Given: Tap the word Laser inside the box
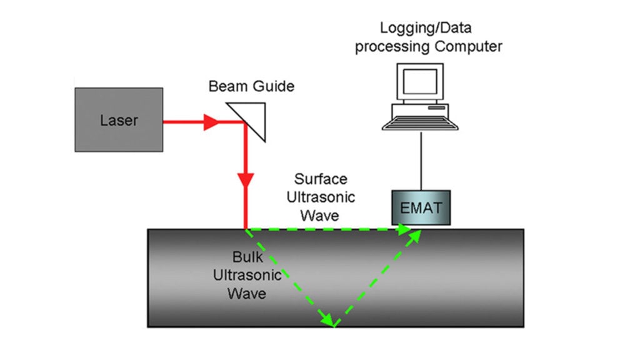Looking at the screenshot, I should pyautogui.click(x=119, y=120).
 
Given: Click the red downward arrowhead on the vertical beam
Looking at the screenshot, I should pyautogui.click(x=246, y=181).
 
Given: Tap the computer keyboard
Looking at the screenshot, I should pyautogui.click(x=418, y=117).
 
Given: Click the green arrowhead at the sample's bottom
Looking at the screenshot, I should pyautogui.click(x=327, y=320).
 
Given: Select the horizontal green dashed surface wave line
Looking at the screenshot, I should pyautogui.click(x=325, y=229).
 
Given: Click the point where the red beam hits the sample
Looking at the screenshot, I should pyautogui.click(x=246, y=228).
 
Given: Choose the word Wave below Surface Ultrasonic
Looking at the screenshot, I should pyautogui.click(x=320, y=216).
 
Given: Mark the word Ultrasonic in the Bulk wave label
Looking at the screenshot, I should pyautogui.click(x=247, y=275).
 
